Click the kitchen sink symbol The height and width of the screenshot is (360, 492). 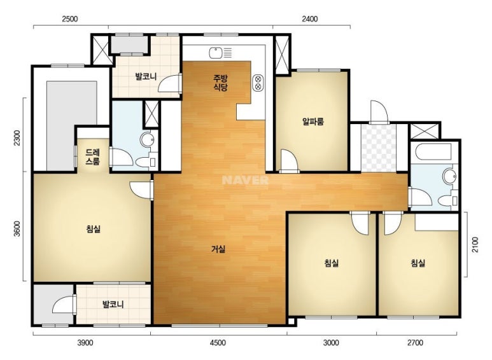221,53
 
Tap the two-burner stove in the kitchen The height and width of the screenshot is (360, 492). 258,83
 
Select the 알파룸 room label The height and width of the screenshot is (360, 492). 313,121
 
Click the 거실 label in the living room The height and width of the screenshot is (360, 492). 218,249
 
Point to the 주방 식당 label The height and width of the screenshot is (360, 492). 220,83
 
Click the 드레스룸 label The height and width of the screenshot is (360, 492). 93,157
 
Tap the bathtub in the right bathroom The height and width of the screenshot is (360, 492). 433,151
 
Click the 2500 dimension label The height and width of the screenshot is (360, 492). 69,19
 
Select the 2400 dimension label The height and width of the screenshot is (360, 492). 310,19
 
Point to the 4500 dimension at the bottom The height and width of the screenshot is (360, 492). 218,343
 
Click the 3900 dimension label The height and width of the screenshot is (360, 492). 85,343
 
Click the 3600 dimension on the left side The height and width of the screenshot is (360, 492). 17,229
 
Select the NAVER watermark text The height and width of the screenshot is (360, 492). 245,180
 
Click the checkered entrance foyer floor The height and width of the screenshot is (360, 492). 379,148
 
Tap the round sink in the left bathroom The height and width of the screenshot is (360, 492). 147,139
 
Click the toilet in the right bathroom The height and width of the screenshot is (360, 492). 447,200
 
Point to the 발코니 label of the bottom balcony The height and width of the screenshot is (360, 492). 113,304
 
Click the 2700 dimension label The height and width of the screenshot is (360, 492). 415,343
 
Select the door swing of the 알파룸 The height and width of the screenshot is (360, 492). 289,161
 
